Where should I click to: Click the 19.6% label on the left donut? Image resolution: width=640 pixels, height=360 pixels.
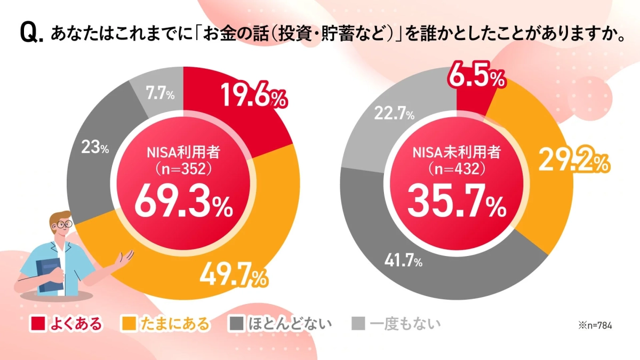click(x=253, y=97)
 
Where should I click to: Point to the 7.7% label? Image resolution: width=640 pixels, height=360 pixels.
click(x=159, y=95)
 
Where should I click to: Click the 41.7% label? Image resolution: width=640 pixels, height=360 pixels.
click(x=403, y=261)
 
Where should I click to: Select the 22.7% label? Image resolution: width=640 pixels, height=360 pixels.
click(x=395, y=114)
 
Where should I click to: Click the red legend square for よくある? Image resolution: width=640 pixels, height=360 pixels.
click(x=37, y=323)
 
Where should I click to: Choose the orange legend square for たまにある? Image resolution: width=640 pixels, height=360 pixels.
click(x=130, y=323)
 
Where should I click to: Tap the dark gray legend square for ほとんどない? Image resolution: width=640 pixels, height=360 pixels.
click(x=236, y=323)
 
